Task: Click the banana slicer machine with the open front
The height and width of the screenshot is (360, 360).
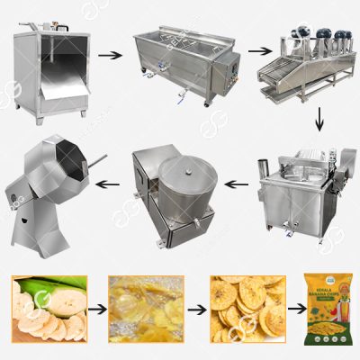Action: coord(51,74)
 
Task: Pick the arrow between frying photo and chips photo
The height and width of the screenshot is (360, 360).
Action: coord(193,307)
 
